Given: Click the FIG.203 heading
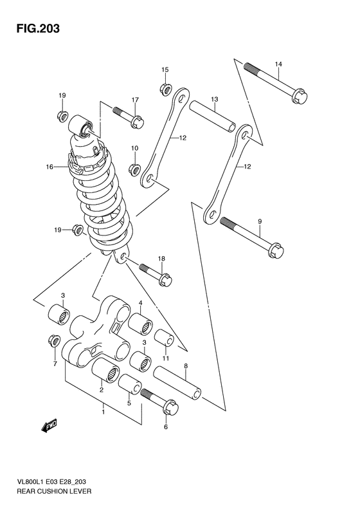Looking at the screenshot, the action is coord(38,28).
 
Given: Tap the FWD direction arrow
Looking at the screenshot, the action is coord(50,425).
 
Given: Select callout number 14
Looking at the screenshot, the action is coord(278,64).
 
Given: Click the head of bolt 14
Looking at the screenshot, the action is coord(300,96).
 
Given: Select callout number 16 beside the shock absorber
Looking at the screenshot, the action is coord(50,167).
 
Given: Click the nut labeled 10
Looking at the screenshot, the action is coord(134,169).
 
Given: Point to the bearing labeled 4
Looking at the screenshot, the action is coord(140,323).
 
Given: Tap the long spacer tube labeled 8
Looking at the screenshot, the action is coord(177,382).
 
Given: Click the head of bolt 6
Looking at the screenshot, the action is coord(170,408).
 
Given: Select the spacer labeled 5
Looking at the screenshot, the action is coord(130,384).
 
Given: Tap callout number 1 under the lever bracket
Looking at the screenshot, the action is coord(104,412).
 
